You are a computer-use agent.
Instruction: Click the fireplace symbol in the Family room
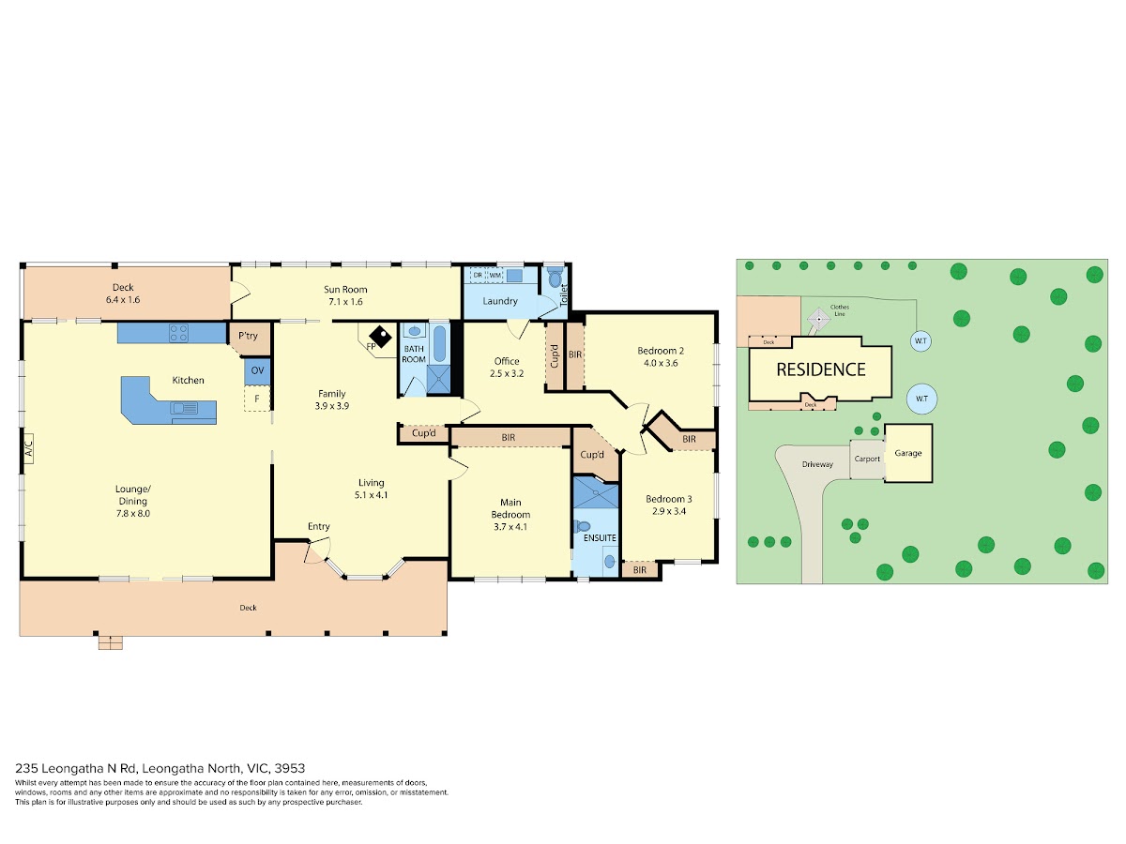click(380, 336)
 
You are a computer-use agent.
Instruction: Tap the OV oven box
click(257, 371)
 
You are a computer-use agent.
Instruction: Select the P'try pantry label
click(249, 336)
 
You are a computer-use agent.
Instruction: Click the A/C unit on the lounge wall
click(29, 448)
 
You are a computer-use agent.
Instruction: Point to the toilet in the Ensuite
click(583, 526)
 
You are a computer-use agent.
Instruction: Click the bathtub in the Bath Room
click(440, 343)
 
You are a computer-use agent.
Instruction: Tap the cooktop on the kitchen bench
click(178, 333)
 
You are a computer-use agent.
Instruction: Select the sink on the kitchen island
click(184, 409)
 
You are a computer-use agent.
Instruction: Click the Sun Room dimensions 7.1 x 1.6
click(345, 302)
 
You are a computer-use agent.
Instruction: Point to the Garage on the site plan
click(908, 453)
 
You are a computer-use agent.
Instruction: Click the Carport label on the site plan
click(867, 460)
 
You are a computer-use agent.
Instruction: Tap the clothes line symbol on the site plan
click(819, 320)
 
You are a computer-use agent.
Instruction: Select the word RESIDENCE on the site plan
click(821, 369)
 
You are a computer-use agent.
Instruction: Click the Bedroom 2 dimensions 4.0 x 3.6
click(661, 363)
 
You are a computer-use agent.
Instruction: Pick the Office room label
click(507, 361)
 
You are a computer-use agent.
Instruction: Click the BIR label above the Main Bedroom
click(509, 437)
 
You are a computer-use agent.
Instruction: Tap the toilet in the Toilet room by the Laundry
click(555, 279)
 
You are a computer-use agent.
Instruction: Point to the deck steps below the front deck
click(111, 642)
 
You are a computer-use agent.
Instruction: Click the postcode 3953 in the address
click(290, 768)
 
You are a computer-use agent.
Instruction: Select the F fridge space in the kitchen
click(257, 399)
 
